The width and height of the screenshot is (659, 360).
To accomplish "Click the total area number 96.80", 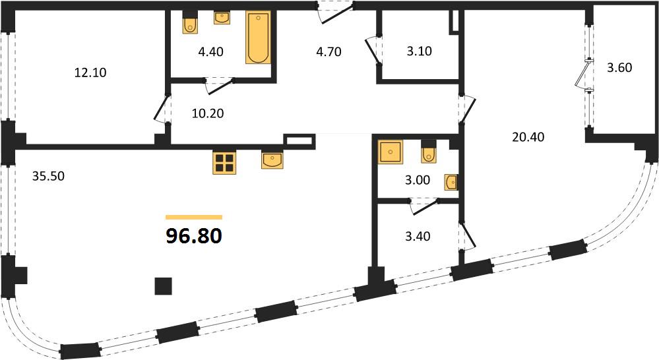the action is pos(194,237).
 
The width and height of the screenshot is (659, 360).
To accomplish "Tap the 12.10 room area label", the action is pos(90,73).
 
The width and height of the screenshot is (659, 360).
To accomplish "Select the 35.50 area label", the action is pos(49,176).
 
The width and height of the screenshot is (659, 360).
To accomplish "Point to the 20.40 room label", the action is pos(528,137).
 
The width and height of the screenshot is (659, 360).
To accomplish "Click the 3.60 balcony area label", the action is pos(619,68).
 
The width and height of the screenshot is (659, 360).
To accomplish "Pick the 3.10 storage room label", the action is pos(420,51).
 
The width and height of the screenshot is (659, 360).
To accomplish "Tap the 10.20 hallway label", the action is pos(208,113).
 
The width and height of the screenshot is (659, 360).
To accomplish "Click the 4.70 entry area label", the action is pos(329,52).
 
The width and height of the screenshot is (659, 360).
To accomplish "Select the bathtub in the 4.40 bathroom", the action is pos(258,38).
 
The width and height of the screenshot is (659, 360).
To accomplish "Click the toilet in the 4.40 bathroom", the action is pos(191,25).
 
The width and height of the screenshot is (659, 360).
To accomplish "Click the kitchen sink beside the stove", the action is pos(272,160).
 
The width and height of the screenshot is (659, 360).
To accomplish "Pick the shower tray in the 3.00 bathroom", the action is pos(391,152).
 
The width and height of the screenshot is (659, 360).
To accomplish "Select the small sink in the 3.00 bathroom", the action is pos(451,183).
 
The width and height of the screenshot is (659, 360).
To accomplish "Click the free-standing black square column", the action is pos(164,286).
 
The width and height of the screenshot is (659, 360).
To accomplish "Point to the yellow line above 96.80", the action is pos(194,217).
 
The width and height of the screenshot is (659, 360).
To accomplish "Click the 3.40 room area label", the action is pos(418,237).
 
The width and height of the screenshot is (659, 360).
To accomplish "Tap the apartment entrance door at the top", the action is pos(335,12).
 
